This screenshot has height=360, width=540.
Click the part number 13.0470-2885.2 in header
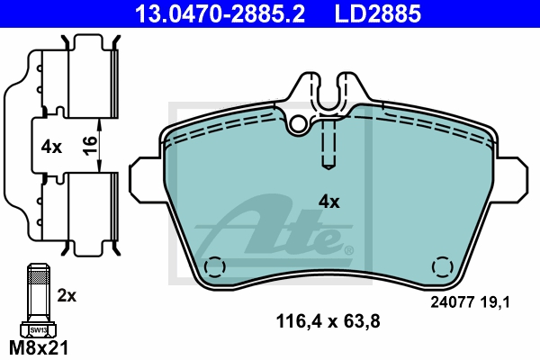tap(220, 13)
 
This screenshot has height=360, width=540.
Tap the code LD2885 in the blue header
tap(377, 13)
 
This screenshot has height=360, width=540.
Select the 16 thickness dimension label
tap(89, 146)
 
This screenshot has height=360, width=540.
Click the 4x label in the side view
tap(51, 147)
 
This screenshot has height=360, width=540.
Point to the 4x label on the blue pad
tap(328, 202)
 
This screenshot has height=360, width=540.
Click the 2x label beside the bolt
tap(67, 295)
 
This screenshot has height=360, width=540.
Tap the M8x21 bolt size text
tap(39, 348)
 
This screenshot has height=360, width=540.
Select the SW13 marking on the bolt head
tap(38, 330)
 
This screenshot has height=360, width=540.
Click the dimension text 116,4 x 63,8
tap(328, 321)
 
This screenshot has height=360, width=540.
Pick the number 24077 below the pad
tap(452, 302)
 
